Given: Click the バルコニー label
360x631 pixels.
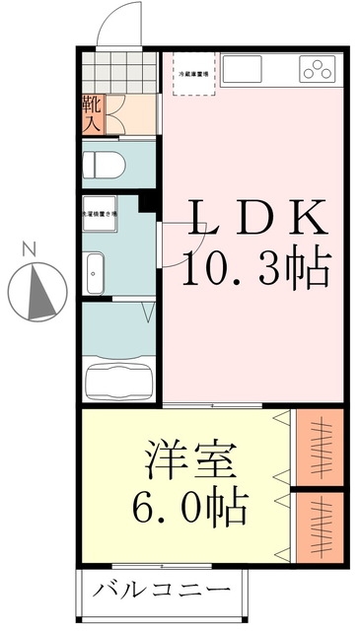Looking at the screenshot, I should pyautogui.click(x=163, y=592).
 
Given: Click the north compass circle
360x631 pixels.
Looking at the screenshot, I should pyautogui.click(x=37, y=290).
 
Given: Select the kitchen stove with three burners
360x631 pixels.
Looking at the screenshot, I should pyautogui.click(x=318, y=69).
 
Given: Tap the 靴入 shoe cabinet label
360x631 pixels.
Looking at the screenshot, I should pyautogui.click(x=90, y=113).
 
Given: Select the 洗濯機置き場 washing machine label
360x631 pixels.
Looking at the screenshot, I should pyautogui.click(x=99, y=211).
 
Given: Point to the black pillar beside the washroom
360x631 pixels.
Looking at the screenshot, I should pyautogui.click(x=148, y=204).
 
